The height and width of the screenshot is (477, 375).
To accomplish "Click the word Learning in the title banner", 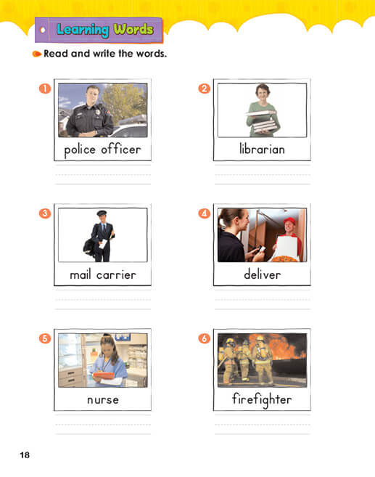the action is coord(83,30).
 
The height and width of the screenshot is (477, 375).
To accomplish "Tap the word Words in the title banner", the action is coord(133,29).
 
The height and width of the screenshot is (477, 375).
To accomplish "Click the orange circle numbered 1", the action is coord(45,89).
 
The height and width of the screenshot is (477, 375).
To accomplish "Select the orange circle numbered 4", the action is coord(205,213).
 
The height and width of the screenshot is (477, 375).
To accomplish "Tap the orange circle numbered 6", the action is coord(205,338).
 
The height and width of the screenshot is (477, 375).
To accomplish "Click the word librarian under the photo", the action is coord(262,149).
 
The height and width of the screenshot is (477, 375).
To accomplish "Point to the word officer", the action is coord(121,149).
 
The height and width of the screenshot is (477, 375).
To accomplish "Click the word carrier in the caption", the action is coord(116,274).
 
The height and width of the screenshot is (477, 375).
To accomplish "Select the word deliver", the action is coord(263,274).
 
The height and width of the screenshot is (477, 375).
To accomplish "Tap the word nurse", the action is coord(103,400).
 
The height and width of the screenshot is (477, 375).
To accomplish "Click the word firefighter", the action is coord(262,400).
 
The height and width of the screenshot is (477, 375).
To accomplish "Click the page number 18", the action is coord(25,455).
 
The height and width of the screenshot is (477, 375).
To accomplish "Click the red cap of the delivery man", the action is coord(289,221).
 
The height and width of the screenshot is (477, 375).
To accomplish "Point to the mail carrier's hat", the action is coord(102,213).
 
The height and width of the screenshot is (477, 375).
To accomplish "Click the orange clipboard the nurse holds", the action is coord(103,375).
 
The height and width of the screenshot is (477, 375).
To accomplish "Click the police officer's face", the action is coord(92,95).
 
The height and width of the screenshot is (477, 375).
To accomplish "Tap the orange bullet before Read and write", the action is coord(36,54).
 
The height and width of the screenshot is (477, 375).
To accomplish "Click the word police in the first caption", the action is coord(80,150).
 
